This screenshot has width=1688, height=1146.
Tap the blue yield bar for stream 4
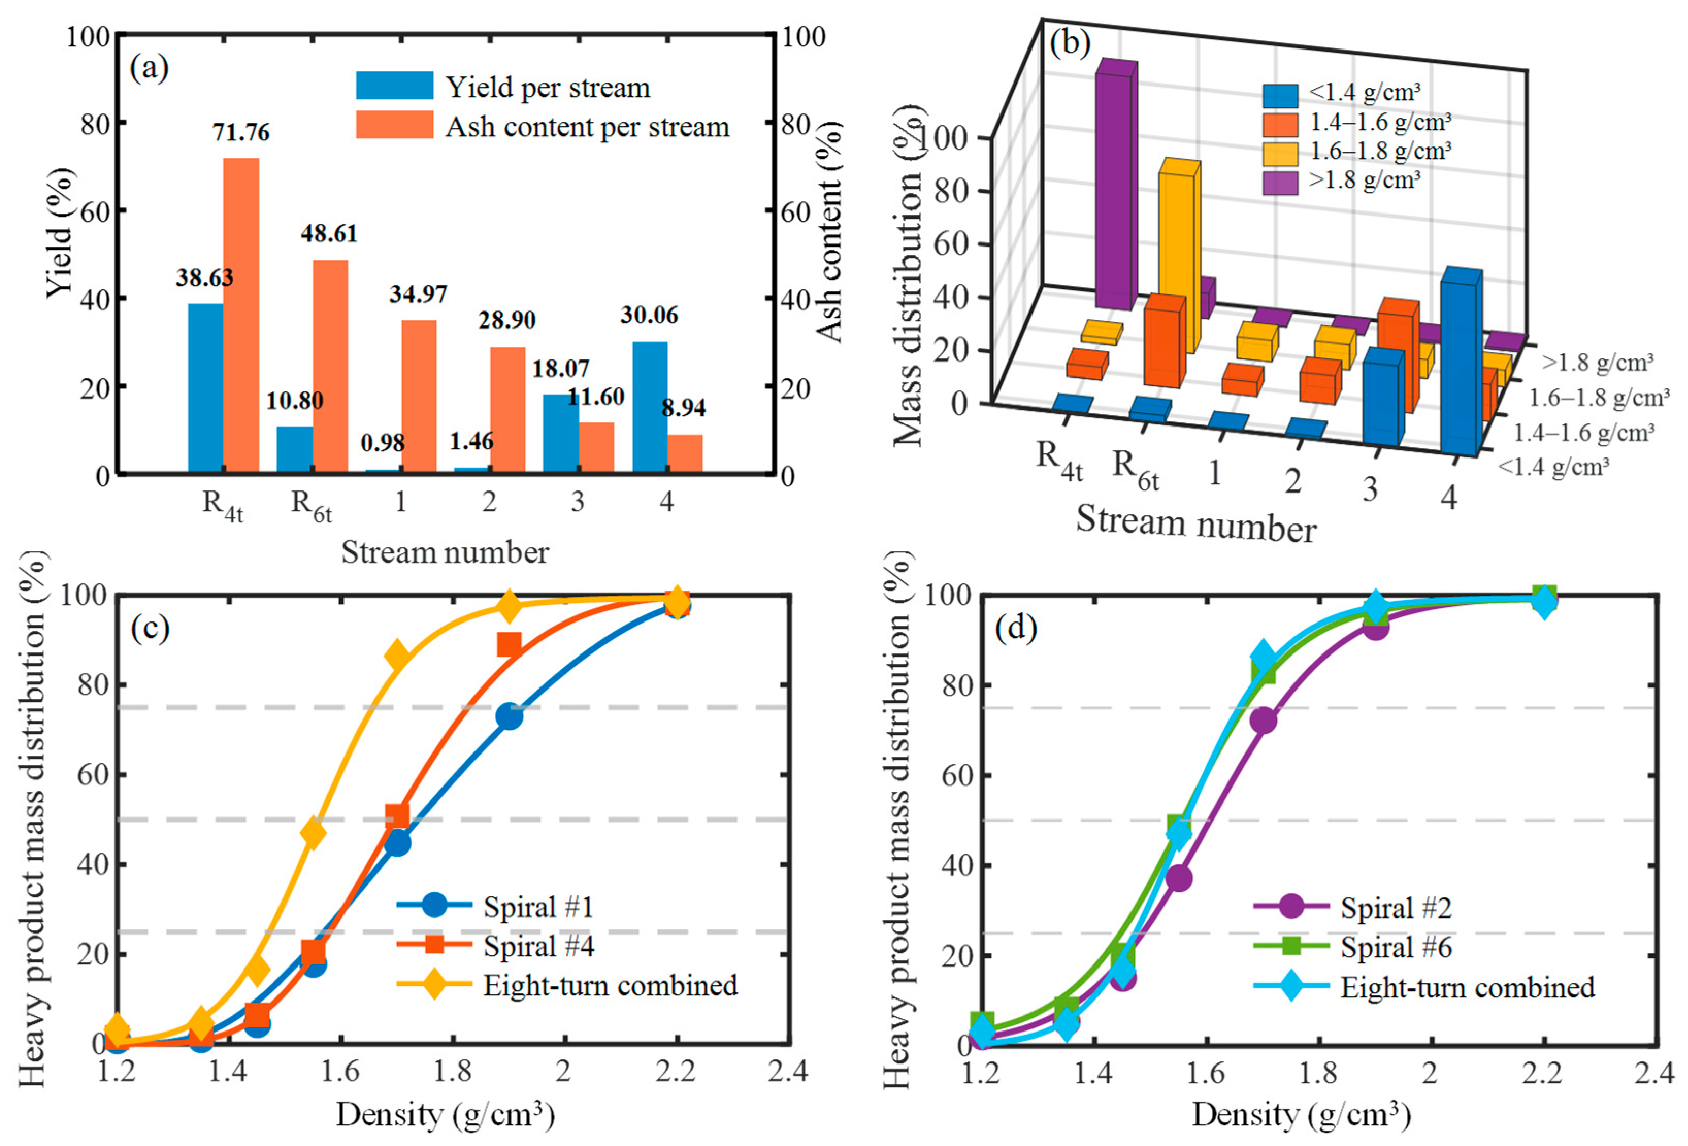coord(650,407)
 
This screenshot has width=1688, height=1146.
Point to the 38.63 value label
coord(204,277)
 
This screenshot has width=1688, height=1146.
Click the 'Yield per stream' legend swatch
coord(395,86)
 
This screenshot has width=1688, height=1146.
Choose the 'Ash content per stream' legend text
coord(587,127)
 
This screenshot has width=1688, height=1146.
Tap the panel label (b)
coord(1070,45)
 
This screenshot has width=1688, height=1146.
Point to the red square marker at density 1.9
coord(509,644)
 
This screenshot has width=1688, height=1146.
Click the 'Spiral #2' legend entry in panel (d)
coord(1395,907)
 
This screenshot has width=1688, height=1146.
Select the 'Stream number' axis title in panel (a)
coord(445,553)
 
